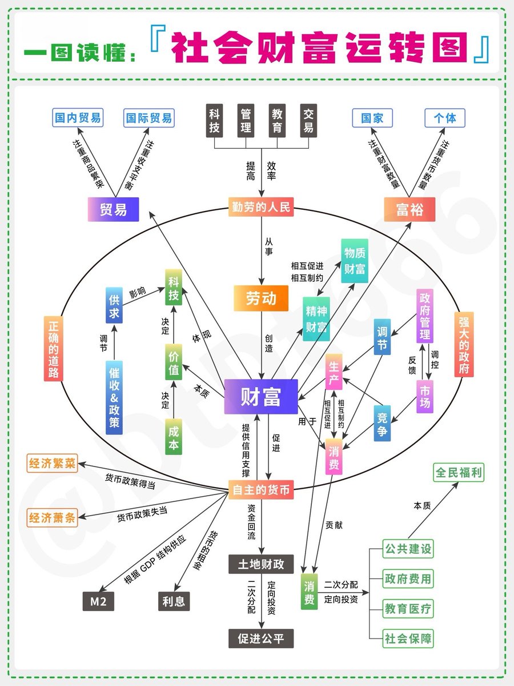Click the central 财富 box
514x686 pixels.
pos(261,396)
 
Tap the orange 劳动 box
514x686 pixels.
pos(261,298)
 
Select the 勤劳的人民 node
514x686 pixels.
pos(261,206)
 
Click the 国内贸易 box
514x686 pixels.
pos(78,118)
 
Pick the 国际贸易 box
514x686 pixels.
pos(148,118)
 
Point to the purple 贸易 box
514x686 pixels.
pos(113,209)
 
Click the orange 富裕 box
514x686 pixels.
pos(409,209)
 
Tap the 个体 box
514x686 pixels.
pos(445,118)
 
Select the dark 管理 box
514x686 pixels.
pos(246,120)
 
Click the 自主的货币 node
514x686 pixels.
pos(261,490)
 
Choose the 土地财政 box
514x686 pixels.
pos(261,565)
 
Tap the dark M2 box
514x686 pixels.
pos(98,601)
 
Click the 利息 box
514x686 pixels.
pos(174,601)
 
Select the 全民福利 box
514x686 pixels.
pos(459,473)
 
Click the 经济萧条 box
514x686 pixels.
pos(52,518)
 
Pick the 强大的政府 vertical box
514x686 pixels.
pos(464,344)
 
